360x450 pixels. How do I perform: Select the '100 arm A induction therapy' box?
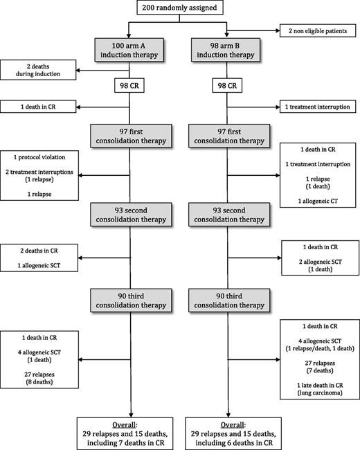(x=129, y=50)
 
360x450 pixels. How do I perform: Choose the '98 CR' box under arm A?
(x=129, y=87)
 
